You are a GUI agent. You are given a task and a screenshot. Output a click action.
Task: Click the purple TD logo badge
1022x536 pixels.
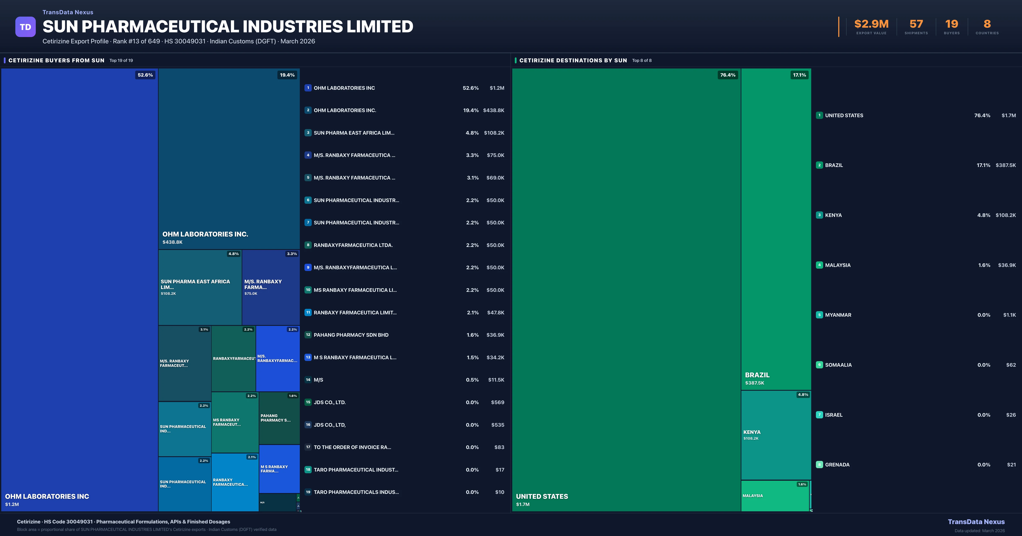click(25, 27)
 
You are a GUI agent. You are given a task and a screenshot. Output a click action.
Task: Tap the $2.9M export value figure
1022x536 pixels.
click(871, 24)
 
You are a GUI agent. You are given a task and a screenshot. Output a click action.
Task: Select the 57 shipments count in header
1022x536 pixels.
click(916, 24)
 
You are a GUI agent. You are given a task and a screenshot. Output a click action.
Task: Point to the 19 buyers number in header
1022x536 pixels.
click(951, 24)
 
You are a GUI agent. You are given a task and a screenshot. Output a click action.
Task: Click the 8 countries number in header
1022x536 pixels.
click(987, 24)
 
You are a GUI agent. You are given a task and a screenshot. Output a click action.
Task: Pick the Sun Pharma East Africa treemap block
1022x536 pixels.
click(200, 287)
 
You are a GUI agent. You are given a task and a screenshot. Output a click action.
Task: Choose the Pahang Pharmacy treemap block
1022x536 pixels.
click(279, 418)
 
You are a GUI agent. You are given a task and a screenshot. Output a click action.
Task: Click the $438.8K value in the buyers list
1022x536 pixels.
click(494, 110)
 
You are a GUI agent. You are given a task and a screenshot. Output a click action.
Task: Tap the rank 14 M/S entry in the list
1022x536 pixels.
click(318, 380)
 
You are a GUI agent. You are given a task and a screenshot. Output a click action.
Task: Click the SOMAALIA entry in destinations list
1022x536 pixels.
click(838, 365)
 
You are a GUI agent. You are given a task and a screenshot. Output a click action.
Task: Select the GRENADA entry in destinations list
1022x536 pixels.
click(837, 465)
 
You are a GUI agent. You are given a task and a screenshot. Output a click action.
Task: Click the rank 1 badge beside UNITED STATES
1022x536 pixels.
click(819, 115)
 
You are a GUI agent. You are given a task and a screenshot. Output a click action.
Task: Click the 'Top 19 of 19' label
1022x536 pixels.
click(121, 61)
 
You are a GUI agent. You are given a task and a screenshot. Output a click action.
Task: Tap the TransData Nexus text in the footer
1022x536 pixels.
click(976, 522)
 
